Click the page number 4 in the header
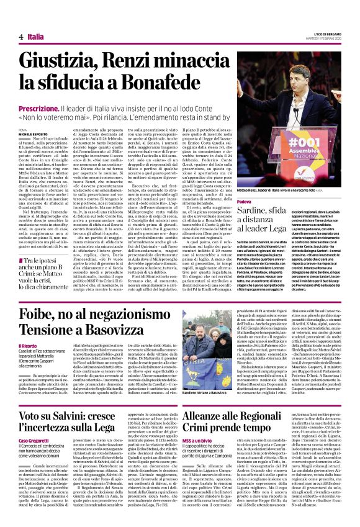21,37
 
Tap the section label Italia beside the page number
36,37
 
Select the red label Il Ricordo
27,362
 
